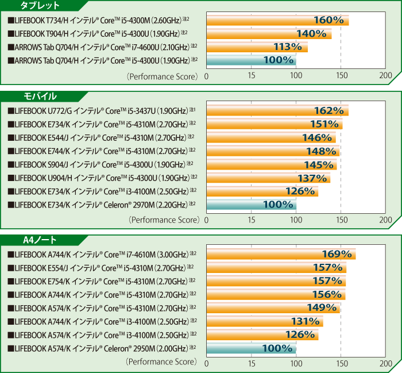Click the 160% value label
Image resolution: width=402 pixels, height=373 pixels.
[x=328, y=20]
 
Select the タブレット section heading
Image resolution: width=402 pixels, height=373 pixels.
[x=40, y=6]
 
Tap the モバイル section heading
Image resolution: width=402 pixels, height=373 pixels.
[x=40, y=96]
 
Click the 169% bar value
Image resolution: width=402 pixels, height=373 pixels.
[x=336, y=254]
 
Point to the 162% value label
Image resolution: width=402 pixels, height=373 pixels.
[x=328, y=110]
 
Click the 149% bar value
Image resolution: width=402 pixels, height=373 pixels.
[x=321, y=307]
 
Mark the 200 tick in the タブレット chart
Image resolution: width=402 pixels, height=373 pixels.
[x=386, y=75]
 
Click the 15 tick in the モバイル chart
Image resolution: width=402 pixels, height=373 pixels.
[x=252, y=219]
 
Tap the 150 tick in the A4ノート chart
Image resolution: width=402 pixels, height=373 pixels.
[x=341, y=363]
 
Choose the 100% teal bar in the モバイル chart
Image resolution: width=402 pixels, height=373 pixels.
[x=252, y=204]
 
